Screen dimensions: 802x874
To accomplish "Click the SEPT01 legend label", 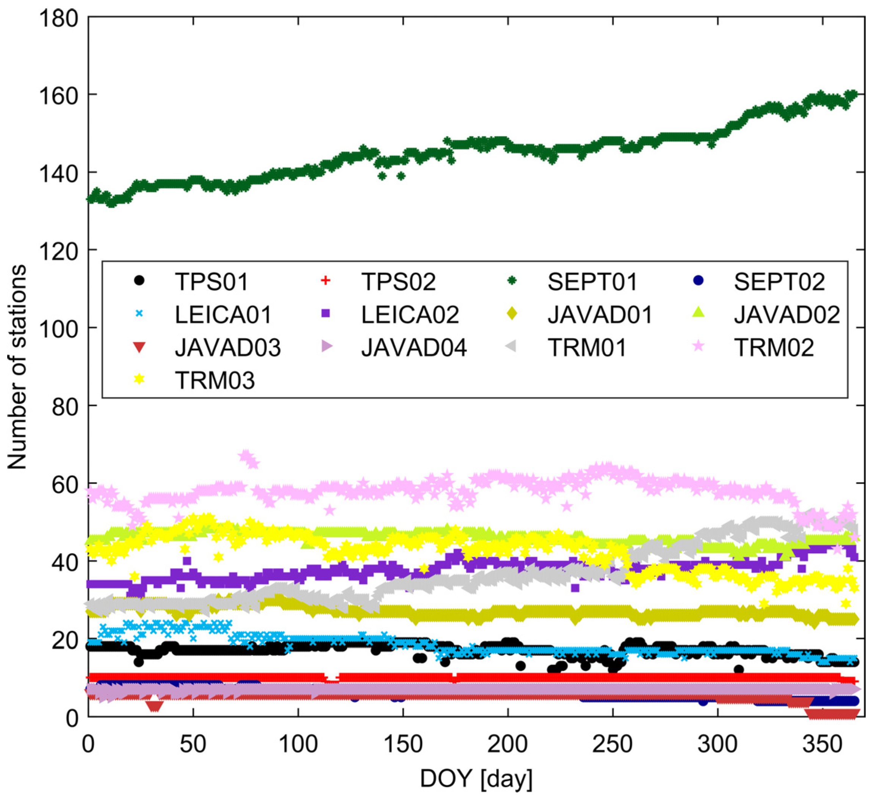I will (592, 282).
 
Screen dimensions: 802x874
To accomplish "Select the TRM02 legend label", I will (774, 348).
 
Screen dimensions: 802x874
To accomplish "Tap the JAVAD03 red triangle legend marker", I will (139, 348).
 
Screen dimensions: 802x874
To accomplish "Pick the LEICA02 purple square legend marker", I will (326, 313).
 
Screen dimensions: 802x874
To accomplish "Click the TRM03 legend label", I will (215, 381).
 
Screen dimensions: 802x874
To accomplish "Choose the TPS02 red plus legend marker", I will (325, 281).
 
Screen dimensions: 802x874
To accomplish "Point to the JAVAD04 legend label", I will (414, 348).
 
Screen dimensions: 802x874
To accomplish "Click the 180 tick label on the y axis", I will (58, 19).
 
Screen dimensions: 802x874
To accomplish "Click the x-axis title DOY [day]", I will (476, 778).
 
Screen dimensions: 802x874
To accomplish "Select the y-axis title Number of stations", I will (17, 367).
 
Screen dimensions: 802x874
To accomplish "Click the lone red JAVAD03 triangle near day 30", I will (155, 706).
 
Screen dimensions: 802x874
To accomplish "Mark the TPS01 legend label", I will (211, 282).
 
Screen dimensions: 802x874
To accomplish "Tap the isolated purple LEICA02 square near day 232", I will (575, 588).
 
